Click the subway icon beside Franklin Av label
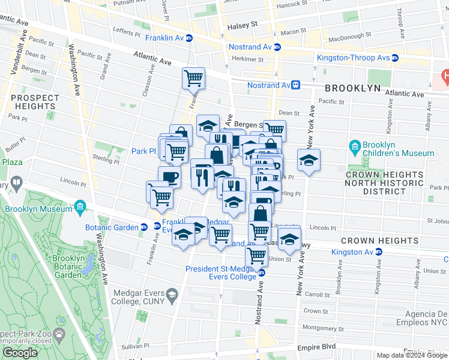189,38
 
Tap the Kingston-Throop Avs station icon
395,58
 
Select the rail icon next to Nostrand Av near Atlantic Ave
296,85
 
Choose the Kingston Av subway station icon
379,252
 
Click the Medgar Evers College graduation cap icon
172,294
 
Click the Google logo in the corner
20,353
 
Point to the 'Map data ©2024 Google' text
412,355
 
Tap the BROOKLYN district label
353,88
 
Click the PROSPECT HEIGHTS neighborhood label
35,102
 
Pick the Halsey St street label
242,26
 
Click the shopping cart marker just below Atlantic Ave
193,77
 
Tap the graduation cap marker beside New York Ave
309,160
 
